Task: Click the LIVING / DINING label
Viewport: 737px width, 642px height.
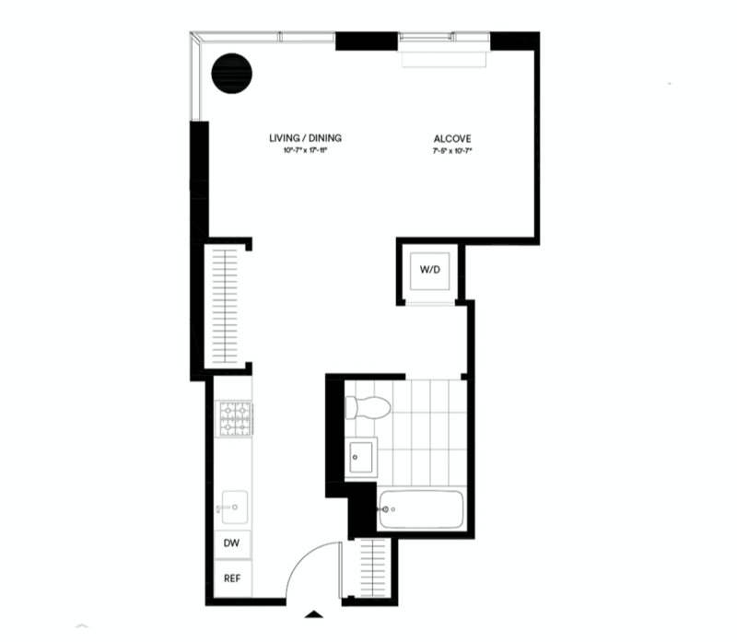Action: (305, 138)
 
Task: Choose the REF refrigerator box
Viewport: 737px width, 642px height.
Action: (232, 578)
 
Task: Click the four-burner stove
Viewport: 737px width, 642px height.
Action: (235, 418)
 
